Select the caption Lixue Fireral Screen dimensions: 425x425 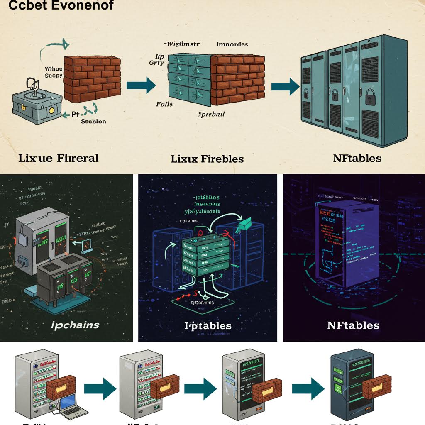point(58,158)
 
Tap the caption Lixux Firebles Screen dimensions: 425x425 point(207,159)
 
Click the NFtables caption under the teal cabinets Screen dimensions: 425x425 point(357,158)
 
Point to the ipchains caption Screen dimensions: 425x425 point(75,325)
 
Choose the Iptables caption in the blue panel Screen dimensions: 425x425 point(208,325)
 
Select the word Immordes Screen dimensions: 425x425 point(232,44)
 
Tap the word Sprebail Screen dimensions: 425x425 point(212,114)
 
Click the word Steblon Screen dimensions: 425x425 point(93,122)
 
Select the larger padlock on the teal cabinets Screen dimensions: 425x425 point(370,98)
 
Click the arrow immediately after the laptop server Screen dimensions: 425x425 point(99,389)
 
